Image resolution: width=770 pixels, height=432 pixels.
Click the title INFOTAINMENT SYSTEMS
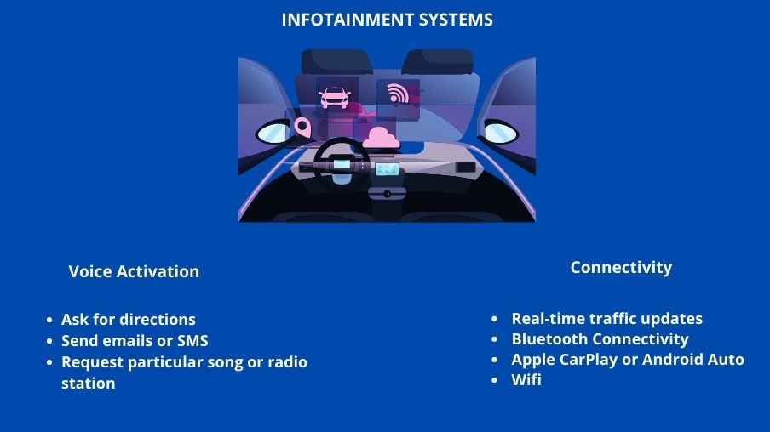click(x=387, y=20)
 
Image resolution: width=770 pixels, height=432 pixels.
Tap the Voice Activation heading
click(x=134, y=271)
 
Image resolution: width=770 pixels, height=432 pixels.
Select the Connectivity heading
click(x=621, y=268)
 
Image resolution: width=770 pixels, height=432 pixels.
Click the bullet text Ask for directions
click(x=128, y=319)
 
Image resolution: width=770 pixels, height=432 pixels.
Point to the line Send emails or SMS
click(x=135, y=340)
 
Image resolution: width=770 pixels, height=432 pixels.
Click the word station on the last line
click(x=89, y=383)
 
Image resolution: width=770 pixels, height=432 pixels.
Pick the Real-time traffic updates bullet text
click(x=607, y=319)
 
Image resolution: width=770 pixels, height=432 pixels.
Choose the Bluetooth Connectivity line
click(x=600, y=338)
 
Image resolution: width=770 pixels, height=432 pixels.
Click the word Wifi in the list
click(x=526, y=379)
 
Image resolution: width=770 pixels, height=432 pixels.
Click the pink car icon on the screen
click(x=335, y=97)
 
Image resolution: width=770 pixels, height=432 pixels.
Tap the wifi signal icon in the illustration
click(x=398, y=94)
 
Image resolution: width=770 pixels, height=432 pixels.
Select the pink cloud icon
click(x=381, y=138)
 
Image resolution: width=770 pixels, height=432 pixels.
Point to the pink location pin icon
click(x=303, y=127)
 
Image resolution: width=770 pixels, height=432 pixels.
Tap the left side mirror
click(x=273, y=133)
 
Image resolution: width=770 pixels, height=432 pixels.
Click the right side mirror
click(x=500, y=132)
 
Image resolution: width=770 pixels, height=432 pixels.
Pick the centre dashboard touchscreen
click(x=387, y=170)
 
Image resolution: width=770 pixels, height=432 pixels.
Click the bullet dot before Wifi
click(x=495, y=380)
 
